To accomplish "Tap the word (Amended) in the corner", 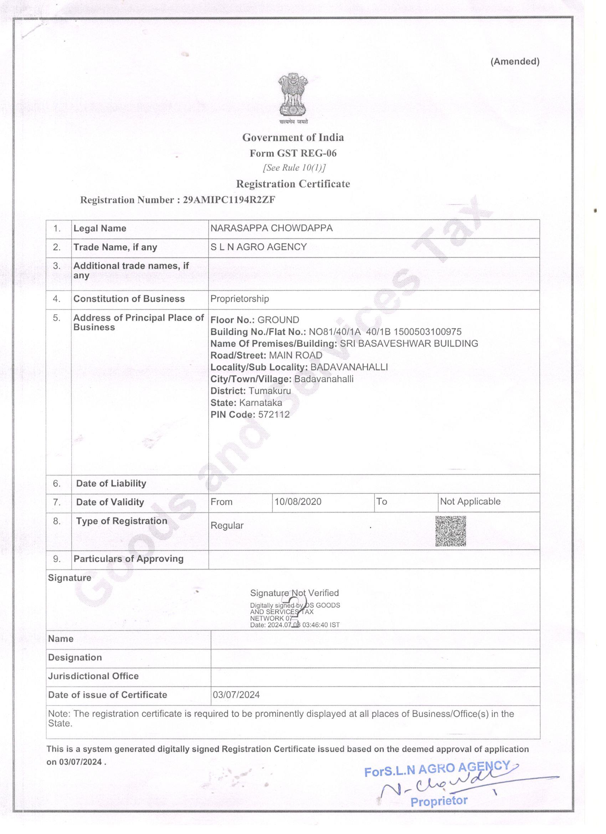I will coord(515,61).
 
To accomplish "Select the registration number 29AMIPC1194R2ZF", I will coord(229,200).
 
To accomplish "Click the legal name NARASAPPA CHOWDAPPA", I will coord(271,228).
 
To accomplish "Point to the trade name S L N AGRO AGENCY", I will coord(258,247).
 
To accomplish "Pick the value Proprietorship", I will coord(239,299).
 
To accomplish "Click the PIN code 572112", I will coord(274,415).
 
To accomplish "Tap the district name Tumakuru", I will coord(269,391).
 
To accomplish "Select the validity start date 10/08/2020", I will coord(298,502).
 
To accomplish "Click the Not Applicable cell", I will coord(470,501).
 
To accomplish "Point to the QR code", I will coord(451,531).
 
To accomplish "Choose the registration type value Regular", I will coord(227,525).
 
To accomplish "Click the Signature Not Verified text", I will coord(294,593).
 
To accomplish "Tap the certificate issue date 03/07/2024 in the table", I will coord(236,695).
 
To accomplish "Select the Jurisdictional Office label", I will coord(93,676).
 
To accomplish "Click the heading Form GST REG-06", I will coord(293,153).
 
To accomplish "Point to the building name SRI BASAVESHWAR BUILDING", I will coord(409,344).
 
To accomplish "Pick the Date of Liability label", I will coord(111,483).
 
